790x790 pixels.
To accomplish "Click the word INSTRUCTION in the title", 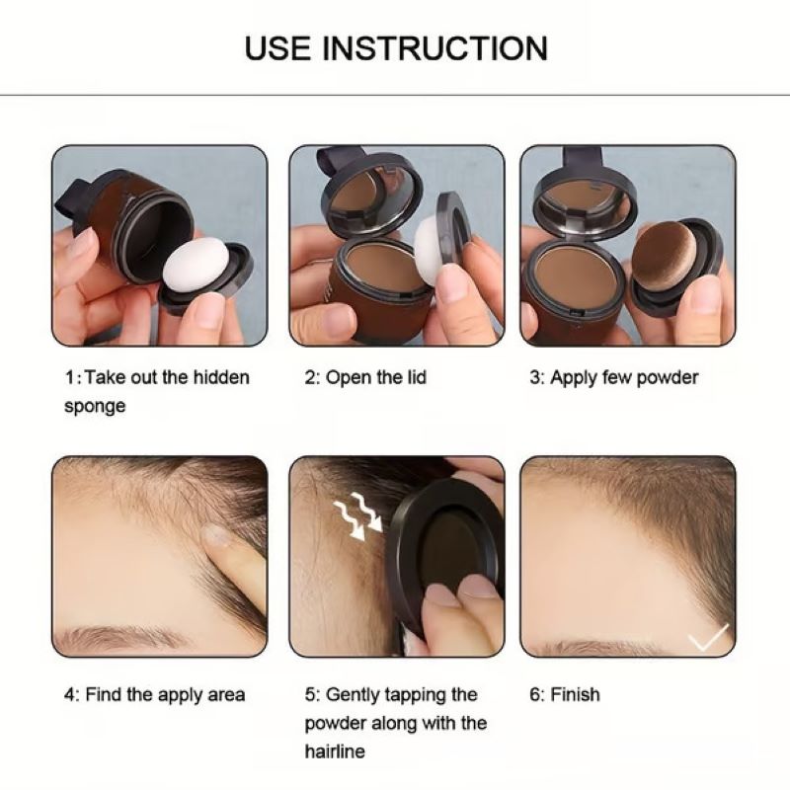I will tap(435, 47).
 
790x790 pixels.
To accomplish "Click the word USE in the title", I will tap(279, 47).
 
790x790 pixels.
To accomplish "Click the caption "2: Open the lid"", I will tap(365, 378).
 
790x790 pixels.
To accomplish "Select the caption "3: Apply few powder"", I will tap(613, 378).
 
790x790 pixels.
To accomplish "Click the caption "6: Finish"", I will tap(564, 694).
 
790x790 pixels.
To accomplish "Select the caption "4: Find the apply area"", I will tap(155, 694).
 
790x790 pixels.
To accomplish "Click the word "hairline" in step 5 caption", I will tap(335, 751).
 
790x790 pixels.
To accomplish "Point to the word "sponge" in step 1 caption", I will tap(95, 407).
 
